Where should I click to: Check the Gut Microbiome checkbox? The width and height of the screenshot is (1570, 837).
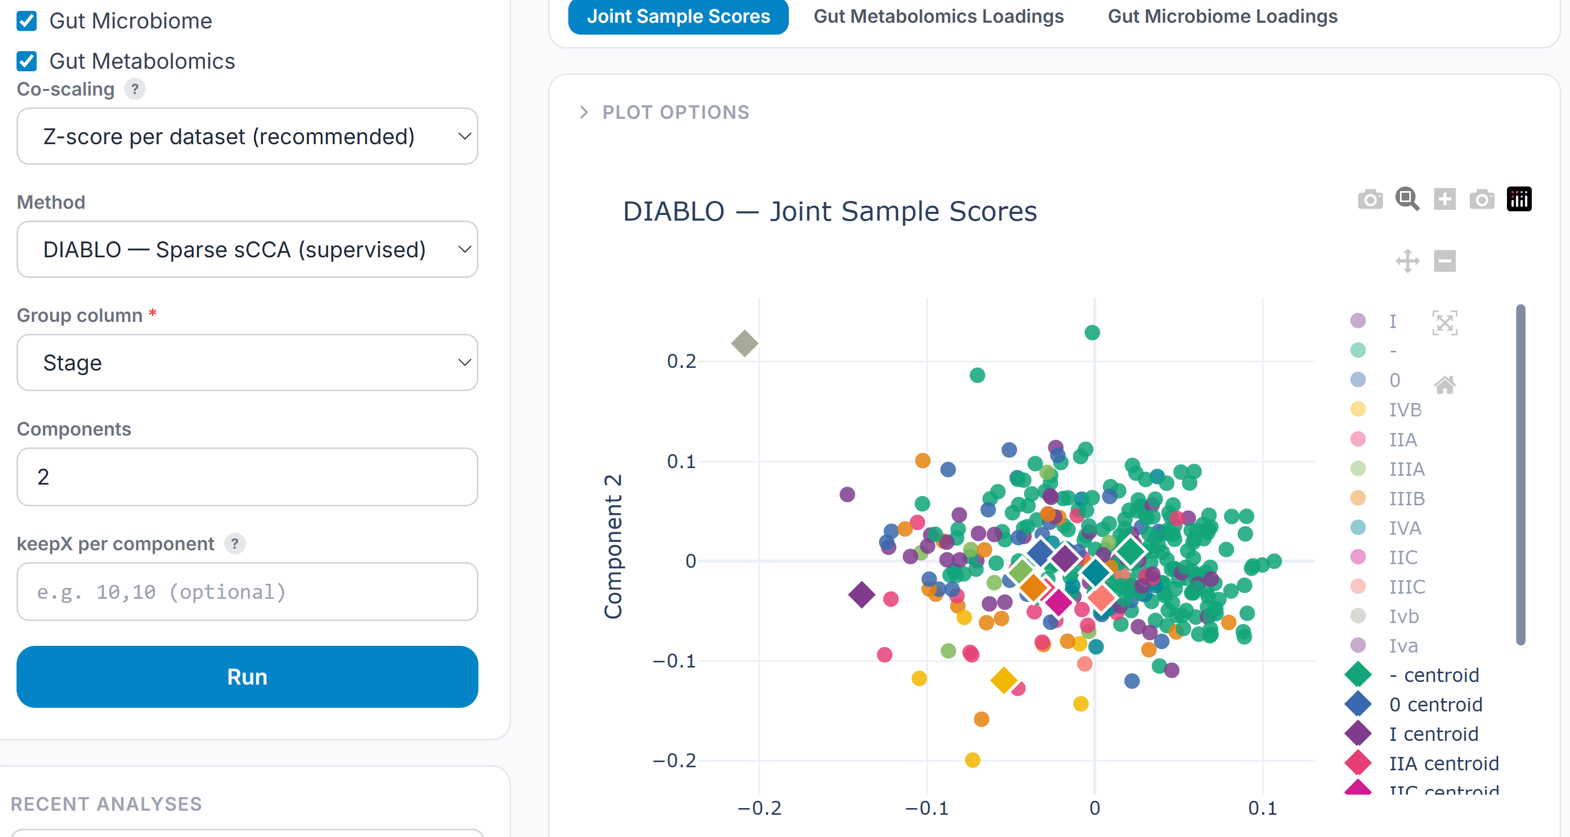[27, 21]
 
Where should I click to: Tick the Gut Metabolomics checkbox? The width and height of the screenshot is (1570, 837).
[27, 61]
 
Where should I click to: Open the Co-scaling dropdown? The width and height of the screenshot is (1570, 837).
[247, 136]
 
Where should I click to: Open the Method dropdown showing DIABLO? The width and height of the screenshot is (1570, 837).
[247, 250]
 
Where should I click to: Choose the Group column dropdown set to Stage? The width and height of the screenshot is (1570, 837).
[247, 363]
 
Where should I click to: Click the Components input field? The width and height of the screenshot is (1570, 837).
[247, 477]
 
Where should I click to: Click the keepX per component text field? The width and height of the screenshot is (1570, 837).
[247, 592]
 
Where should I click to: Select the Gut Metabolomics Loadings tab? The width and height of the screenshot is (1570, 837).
[938, 17]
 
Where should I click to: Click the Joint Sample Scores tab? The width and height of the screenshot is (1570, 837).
[678, 17]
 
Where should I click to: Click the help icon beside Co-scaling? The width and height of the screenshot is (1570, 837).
[135, 89]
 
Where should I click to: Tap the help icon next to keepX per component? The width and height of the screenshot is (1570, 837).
[235, 543]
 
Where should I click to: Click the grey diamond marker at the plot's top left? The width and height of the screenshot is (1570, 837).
[744, 343]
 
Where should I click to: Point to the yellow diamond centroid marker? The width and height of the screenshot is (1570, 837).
[1003, 680]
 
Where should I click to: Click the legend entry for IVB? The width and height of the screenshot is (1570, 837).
[1404, 410]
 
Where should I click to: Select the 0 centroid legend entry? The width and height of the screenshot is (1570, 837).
[1435, 705]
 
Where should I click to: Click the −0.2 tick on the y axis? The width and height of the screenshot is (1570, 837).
[674, 761]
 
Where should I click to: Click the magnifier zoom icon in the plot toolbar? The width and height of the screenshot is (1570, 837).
[1407, 199]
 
